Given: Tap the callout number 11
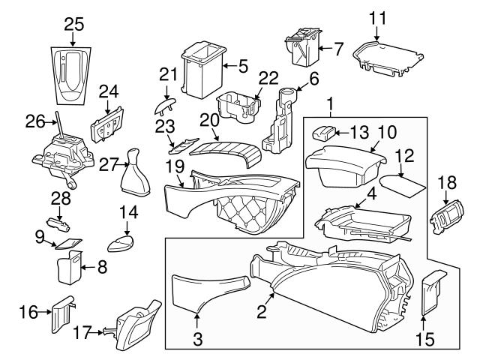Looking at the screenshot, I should click(378, 16).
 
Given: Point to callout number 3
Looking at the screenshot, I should click(198, 339).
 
